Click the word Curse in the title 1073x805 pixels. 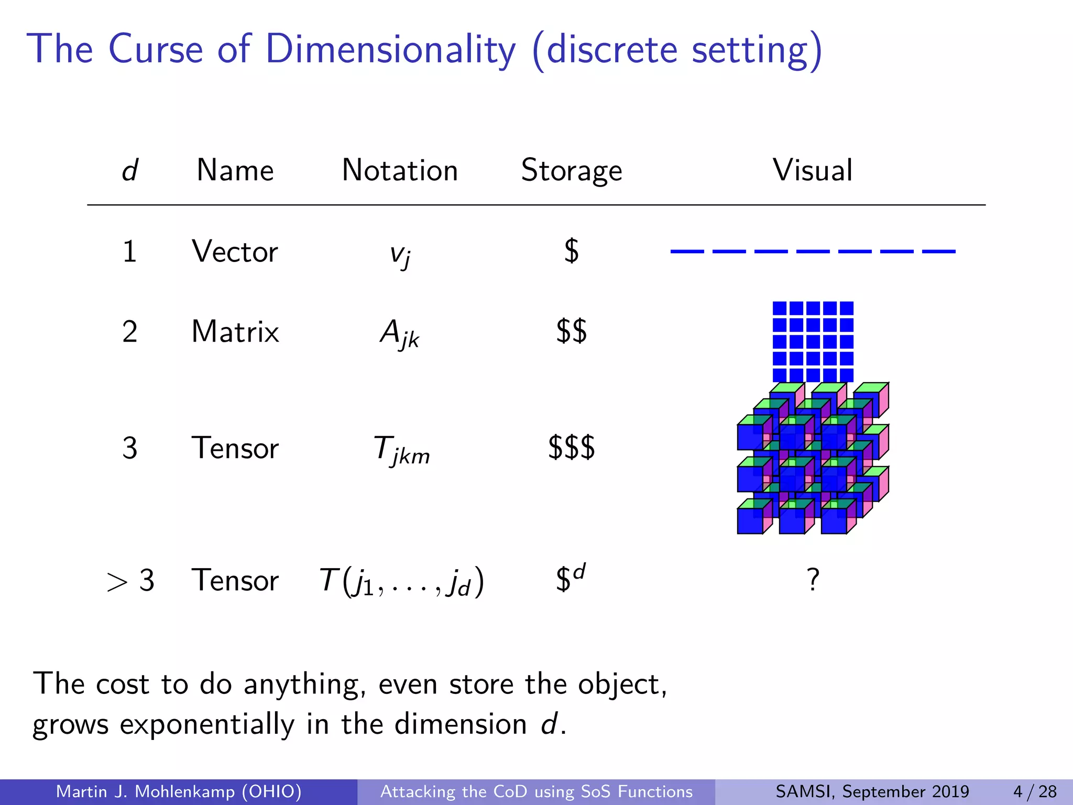(x=156, y=49)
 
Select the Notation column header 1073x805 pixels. (x=400, y=170)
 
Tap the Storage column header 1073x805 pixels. (x=571, y=170)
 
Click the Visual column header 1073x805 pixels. (x=813, y=170)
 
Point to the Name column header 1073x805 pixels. (x=235, y=170)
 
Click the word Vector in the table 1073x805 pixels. (x=235, y=252)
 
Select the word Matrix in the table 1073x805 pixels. (x=235, y=332)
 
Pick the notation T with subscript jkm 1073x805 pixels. (x=401, y=450)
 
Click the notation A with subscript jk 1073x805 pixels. (x=399, y=333)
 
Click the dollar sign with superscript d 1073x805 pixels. (x=570, y=578)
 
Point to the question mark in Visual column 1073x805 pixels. (x=813, y=580)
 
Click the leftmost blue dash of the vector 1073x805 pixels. (x=687, y=252)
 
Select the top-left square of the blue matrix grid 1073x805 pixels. (x=779, y=308)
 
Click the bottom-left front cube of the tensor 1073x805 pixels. (x=750, y=521)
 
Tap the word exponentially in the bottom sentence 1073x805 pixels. (x=207, y=724)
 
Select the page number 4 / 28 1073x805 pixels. (x=1035, y=791)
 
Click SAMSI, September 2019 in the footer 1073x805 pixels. (x=872, y=791)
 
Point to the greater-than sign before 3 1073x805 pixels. (x=117, y=582)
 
